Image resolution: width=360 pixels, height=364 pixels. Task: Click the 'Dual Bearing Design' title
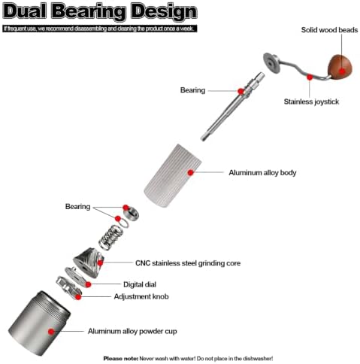click(x=100, y=11)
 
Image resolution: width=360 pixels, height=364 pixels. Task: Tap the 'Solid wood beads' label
click(x=329, y=30)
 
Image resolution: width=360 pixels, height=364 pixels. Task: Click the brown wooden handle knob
click(x=340, y=67)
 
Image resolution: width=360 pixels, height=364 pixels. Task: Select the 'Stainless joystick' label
click(x=311, y=102)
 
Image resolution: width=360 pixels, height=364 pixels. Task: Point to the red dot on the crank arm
click(x=310, y=77)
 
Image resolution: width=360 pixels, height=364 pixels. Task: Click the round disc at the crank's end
click(x=271, y=63)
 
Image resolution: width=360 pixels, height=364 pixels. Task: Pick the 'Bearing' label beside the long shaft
click(x=192, y=90)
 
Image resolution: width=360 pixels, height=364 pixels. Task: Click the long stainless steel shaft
click(x=232, y=107)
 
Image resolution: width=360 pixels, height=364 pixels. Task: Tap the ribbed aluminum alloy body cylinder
click(x=173, y=175)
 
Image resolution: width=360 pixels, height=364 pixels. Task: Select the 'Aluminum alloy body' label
click(x=262, y=173)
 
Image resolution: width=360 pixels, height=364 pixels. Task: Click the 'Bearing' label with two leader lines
click(x=77, y=207)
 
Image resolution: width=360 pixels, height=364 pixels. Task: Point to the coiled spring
click(x=111, y=237)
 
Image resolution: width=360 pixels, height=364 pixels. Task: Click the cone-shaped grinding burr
click(x=89, y=262)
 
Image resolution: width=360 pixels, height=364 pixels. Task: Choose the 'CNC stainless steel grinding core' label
click(x=188, y=263)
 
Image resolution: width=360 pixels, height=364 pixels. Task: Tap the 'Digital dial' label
click(x=140, y=284)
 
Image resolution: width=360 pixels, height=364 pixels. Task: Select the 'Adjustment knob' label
click(x=141, y=296)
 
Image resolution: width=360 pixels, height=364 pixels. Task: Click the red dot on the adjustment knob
click(x=78, y=297)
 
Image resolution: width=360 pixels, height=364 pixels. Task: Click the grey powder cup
click(x=39, y=323)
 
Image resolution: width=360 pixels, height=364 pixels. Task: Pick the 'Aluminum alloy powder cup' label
click(x=132, y=331)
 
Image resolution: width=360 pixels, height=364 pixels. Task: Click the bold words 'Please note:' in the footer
click(x=121, y=359)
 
